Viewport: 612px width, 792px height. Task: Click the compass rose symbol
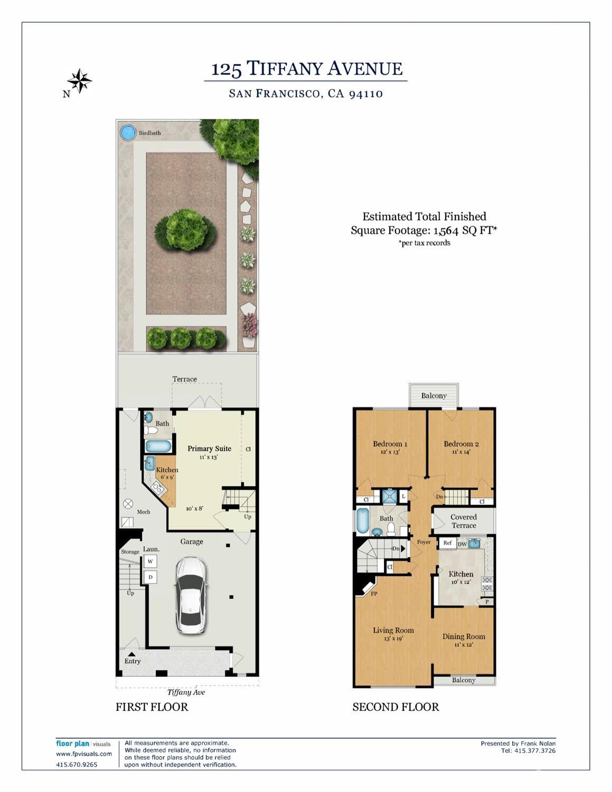pyautogui.click(x=79, y=81)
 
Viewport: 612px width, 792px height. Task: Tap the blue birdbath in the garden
pyautogui.click(x=128, y=133)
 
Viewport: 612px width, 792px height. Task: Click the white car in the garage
pyautogui.click(x=190, y=594)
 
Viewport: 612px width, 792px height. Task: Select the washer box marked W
pyautogui.click(x=150, y=562)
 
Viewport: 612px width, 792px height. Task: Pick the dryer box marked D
pyautogui.click(x=150, y=577)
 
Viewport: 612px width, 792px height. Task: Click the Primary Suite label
pyautogui.click(x=209, y=449)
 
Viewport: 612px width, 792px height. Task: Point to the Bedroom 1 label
pyautogui.click(x=390, y=444)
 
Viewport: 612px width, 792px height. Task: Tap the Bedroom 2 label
pyautogui.click(x=461, y=444)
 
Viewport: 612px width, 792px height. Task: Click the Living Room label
pyautogui.click(x=393, y=630)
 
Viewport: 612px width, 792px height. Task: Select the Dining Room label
pyautogui.click(x=463, y=636)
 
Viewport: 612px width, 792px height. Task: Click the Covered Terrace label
pyautogui.click(x=464, y=521)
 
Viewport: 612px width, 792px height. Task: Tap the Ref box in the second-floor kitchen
pyautogui.click(x=447, y=543)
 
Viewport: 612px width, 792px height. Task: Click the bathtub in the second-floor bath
pyautogui.click(x=362, y=520)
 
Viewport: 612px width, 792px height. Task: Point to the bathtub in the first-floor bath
pyautogui.click(x=158, y=446)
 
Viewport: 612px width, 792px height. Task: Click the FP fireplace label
pyautogui.click(x=374, y=594)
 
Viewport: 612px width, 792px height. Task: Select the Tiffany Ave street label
pyautogui.click(x=186, y=692)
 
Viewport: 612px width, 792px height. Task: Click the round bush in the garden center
pyautogui.click(x=185, y=229)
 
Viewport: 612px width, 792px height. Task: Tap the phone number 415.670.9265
pyautogui.click(x=77, y=765)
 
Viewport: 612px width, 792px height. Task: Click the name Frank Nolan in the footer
pyautogui.click(x=538, y=743)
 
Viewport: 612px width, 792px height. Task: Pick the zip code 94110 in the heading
pyautogui.click(x=365, y=94)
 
